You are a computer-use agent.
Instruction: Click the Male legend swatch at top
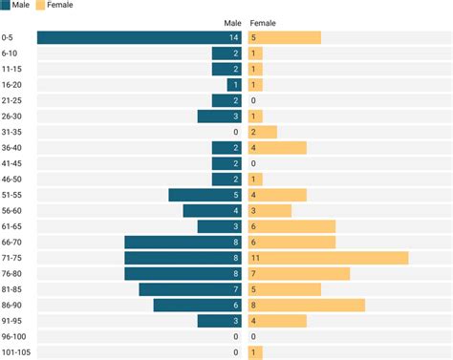pos(6,6)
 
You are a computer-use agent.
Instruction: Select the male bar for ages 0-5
pos(140,37)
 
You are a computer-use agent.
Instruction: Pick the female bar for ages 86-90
pos(306,305)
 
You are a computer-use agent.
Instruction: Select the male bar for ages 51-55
pos(205,195)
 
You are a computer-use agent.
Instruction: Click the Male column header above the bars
pos(232,23)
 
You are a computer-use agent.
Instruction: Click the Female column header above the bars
pos(263,23)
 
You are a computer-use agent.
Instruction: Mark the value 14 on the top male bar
pos(234,37)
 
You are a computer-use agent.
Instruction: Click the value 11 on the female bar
pos(255,258)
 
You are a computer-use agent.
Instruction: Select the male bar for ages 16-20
pos(234,85)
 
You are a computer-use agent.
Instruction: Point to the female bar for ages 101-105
pos(253,352)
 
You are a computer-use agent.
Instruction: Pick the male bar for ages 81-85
pos(190,289)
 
